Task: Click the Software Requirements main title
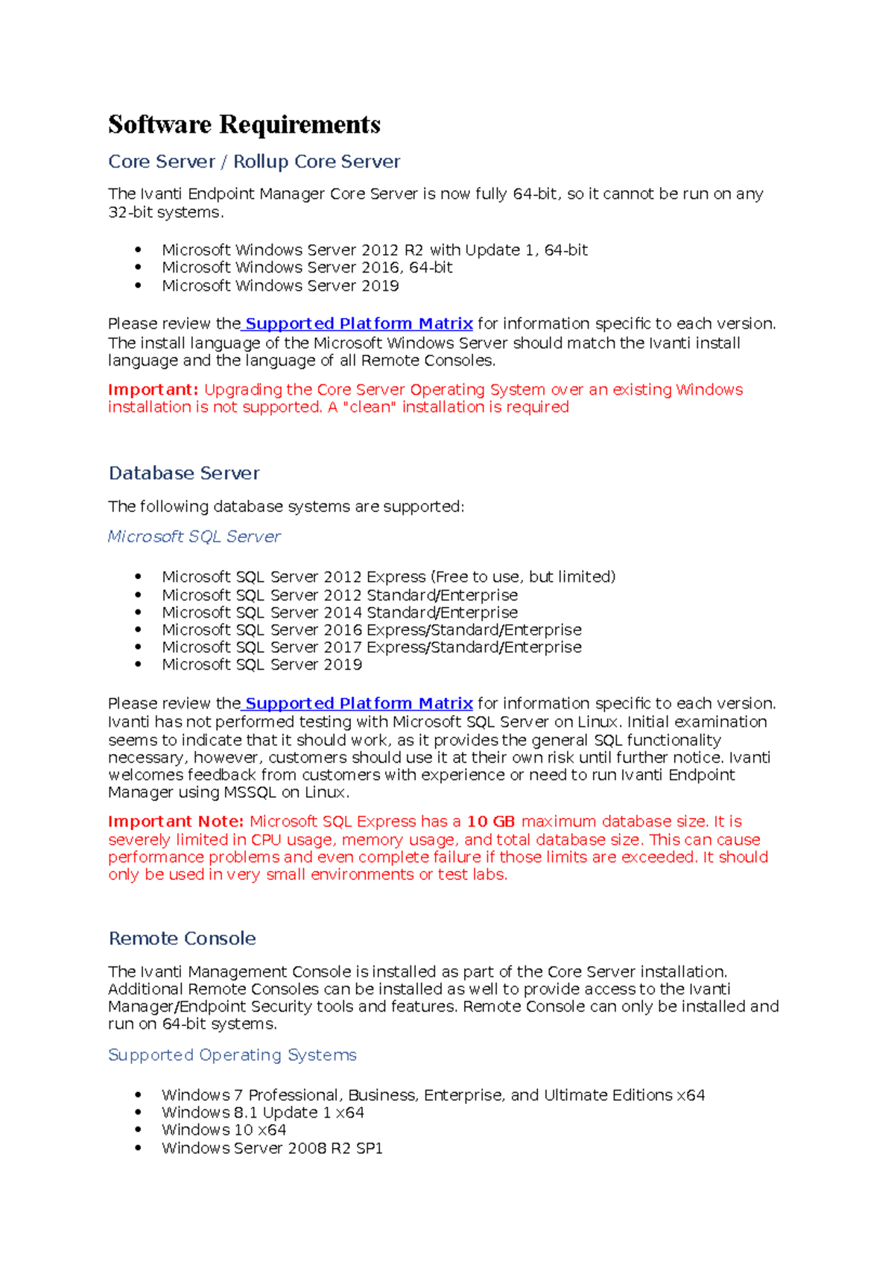point(244,124)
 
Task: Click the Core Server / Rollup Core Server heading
point(254,162)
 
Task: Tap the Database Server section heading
point(184,473)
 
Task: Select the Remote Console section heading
point(182,938)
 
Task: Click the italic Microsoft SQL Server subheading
point(194,536)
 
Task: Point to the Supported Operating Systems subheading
point(232,1055)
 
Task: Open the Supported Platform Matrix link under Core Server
point(358,324)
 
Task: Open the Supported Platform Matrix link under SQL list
point(358,703)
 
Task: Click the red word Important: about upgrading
point(153,390)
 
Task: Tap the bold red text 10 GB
point(490,822)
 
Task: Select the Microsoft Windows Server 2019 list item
point(280,286)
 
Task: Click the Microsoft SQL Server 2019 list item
point(261,665)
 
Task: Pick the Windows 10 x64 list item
point(223,1130)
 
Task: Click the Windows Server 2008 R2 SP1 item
point(272,1148)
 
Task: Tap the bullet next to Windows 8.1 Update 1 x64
point(139,1113)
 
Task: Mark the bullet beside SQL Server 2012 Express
point(139,577)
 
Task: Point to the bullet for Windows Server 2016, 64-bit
point(139,268)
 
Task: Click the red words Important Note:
point(176,822)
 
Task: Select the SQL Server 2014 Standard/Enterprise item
point(340,612)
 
